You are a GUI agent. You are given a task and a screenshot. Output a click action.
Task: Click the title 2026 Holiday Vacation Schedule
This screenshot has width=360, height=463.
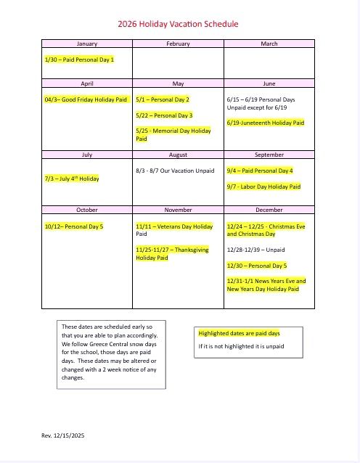(x=178, y=24)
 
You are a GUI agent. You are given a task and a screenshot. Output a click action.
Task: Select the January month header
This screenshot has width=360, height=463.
(x=87, y=44)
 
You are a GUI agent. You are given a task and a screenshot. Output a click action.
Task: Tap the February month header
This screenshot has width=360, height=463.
(x=178, y=44)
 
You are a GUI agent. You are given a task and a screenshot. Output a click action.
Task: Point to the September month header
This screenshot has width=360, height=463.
(x=269, y=155)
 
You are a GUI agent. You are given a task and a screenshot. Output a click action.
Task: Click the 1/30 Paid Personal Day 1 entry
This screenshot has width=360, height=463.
(x=79, y=59)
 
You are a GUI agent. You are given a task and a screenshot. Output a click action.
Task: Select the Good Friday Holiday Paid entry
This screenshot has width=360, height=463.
(x=86, y=99)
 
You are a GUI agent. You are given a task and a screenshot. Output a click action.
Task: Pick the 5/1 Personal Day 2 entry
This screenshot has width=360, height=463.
(x=163, y=99)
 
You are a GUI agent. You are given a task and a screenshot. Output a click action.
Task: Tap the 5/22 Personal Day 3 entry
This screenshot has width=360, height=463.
(x=164, y=115)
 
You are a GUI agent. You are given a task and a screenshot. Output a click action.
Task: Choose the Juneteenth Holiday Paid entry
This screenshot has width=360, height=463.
(x=265, y=123)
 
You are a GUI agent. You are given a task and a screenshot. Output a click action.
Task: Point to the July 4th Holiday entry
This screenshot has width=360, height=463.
(x=72, y=179)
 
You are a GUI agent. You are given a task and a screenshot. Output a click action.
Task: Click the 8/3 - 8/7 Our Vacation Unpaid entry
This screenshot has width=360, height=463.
(x=175, y=171)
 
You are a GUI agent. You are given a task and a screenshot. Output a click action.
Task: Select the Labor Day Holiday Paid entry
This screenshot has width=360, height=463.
(x=263, y=187)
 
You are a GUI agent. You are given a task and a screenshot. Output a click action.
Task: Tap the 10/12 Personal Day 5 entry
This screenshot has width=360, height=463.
(x=74, y=226)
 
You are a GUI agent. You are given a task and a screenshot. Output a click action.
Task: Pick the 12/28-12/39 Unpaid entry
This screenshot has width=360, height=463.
(x=255, y=250)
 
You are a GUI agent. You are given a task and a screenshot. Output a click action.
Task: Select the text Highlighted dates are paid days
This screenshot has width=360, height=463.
(x=239, y=333)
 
